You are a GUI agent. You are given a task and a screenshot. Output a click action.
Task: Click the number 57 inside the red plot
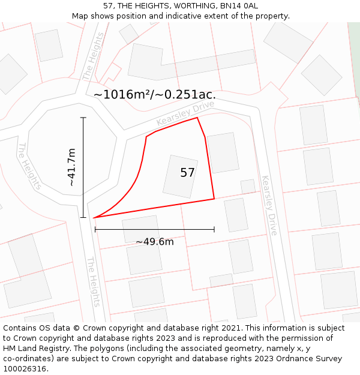click(187, 173)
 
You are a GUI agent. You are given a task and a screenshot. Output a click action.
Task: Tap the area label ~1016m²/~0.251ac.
click(155, 94)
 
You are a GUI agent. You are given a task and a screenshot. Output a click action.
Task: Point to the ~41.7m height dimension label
click(72, 167)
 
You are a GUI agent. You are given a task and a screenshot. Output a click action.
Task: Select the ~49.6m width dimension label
click(154, 242)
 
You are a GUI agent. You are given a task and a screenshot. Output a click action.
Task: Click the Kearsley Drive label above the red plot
click(185, 113)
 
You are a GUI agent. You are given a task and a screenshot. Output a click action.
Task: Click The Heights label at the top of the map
click(93, 56)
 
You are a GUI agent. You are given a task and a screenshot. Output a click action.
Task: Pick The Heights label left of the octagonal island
click(29, 166)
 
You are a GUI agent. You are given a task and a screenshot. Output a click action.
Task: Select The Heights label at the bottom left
click(92, 282)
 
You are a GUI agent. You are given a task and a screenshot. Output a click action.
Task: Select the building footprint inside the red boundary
click(181, 176)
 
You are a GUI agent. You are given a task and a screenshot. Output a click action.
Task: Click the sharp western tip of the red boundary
click(94, 217)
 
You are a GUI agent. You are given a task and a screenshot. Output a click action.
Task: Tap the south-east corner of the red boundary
click(214, 199)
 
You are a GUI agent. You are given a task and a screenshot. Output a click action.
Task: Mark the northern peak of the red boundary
click(197, 118)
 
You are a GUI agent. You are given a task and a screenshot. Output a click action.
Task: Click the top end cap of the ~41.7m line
click(83, 118)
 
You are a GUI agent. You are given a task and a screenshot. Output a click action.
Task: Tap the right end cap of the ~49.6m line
click(214, 229)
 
